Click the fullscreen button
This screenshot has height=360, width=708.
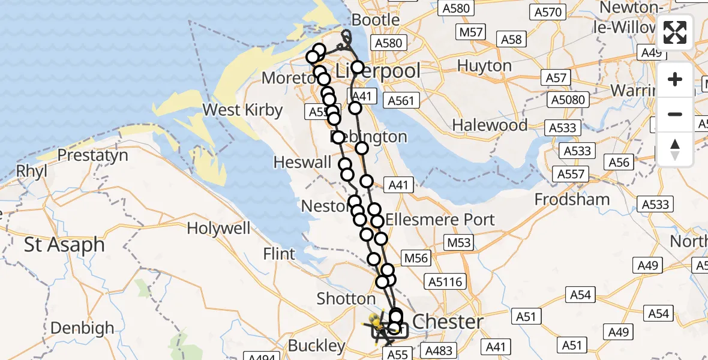tap(675, 32)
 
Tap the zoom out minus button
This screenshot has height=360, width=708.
tap(675, 114)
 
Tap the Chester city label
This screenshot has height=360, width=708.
tap(448, 322)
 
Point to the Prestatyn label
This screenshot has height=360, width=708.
tap(93, 155)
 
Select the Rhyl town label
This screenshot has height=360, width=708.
tap(31, 171)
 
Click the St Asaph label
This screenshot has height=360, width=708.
tap(64, 245)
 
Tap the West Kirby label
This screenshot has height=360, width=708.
tap(242, 110)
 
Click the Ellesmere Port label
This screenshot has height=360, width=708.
tap(440, 220)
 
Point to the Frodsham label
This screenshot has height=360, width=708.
tap(572, 199)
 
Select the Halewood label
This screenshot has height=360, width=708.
tap(490, 125)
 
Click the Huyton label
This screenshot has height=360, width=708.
tap(484, 65)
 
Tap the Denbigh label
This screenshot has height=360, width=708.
tap(82, 328)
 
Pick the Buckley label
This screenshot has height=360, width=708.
tap(317, 346)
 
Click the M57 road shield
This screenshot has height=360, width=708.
tap(470, 32)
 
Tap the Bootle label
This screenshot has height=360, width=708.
tap(376, 20)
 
